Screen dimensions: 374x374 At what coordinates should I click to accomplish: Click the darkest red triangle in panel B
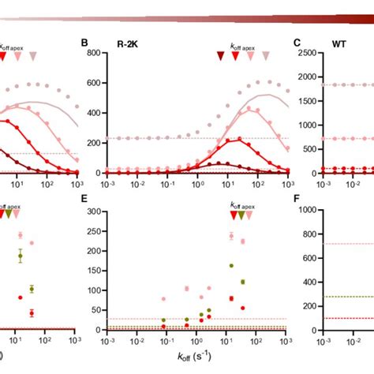(221, 56)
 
